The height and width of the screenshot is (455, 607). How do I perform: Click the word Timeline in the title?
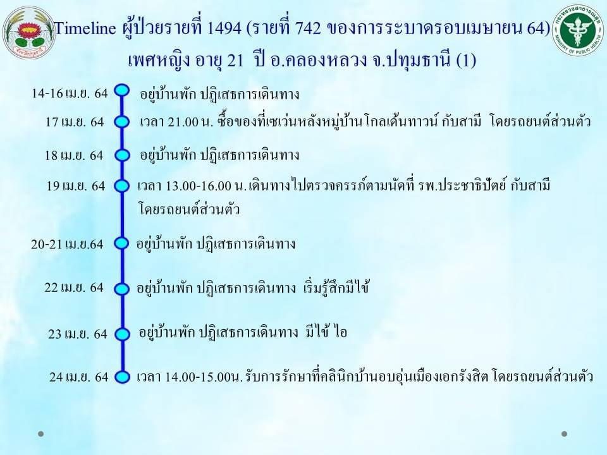pyautogui.click(x=85, y=28)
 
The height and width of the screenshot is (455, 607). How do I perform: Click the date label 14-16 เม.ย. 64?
pyautogui.click(x=70, y=94)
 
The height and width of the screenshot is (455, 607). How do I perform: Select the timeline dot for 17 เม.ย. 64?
pyautogui.click(x=122, y=122)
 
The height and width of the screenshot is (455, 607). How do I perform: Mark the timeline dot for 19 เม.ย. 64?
pyautogui.click(x=122, y=186)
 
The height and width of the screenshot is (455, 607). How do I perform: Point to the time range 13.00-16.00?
pyautogui.click(x=198, y=186)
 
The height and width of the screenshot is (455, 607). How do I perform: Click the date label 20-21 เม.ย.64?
pyautogui.click(x=68, y=245)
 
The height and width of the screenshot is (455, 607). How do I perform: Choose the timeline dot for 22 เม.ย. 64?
pyautogui.click(x=122, y=289)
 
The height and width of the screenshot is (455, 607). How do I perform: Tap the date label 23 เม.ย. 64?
pyautogui.click(x=78, y=334)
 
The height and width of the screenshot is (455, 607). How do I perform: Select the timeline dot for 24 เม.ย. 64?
pyautogui.click(x=122, y=377)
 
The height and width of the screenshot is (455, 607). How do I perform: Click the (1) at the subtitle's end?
pyautogui.click(x=466, y=61)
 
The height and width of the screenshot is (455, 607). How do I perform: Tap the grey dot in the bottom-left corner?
pyautogui.click(x=40, y=434)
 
